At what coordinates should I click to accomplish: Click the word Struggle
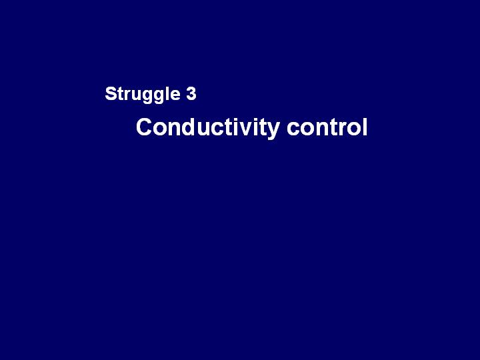pos(143,94)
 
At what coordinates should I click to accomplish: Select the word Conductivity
pos(208,127)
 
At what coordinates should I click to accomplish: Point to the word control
pos(327,127)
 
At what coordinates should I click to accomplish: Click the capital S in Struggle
pos(111,93)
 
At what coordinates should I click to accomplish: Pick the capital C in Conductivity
pos(144,127)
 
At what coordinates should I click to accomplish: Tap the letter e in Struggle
pos(175,95)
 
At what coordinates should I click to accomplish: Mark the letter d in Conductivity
pos(189,127)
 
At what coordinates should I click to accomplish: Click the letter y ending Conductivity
pos(273,131)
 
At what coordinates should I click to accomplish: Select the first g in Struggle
pos(149,97)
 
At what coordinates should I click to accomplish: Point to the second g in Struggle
pos(161,97)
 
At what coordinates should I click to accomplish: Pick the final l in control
pos(365,127)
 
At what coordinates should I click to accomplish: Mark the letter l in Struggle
pos(168,93)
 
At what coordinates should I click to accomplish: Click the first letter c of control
pos(293,129)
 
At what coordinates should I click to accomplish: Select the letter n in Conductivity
pos(174,129)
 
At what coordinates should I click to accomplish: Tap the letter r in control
pos(340,129)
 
